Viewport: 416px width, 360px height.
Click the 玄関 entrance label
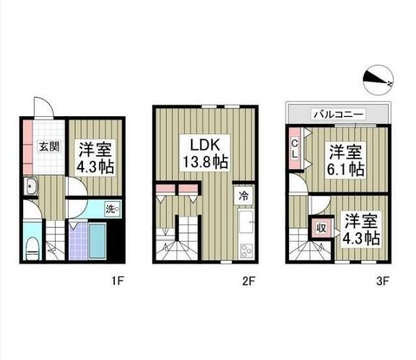point(49,147)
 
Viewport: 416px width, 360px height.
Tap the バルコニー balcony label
point(338,114)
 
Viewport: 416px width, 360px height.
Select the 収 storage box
point(321,230)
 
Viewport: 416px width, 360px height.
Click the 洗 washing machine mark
point(113,208)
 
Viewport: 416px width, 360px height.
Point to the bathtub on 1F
point(89,240)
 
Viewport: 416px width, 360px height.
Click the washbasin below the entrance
point(33,190)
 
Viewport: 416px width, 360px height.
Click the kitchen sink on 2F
point(244,222)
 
